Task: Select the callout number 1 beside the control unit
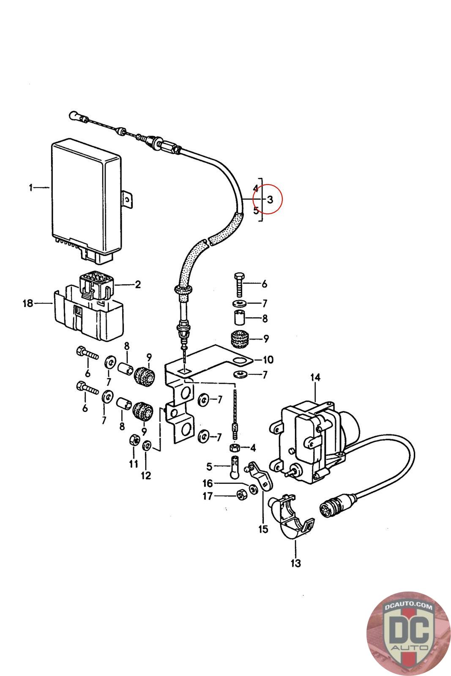(31, 187)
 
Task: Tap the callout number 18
(28, 303)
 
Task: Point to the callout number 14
(315, 377)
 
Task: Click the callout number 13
(295, 563)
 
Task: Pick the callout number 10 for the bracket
(268, 360)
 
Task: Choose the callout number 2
(138, 284)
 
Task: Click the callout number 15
(263, 529)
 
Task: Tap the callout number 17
(208, 496)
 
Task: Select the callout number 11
(134, 464)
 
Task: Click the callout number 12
(146, 476)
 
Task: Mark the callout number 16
(208, 483)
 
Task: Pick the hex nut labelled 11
(133, 441)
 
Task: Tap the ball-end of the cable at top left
(74, 115)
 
